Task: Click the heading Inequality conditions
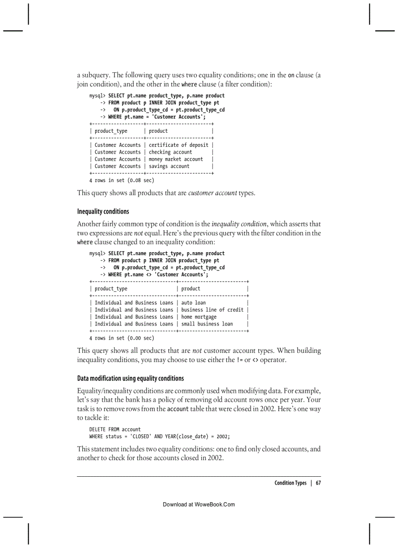pos(103,211)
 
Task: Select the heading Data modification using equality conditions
pos(130,378)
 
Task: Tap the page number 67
pos(318,483)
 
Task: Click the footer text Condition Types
pos(290,483)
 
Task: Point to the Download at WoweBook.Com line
pos(199,504)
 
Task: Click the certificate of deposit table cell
pos(179,145)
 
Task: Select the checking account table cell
pos(170,152)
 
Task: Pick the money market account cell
pos(176,159)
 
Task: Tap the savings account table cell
pos(169,166)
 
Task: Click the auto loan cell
pos(193,303)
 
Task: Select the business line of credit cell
pos(212,309)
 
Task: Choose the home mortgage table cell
pos(199,317)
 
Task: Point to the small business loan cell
pos(207,324)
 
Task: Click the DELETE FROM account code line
pos(115,429)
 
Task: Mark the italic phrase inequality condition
pos(239,224)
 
